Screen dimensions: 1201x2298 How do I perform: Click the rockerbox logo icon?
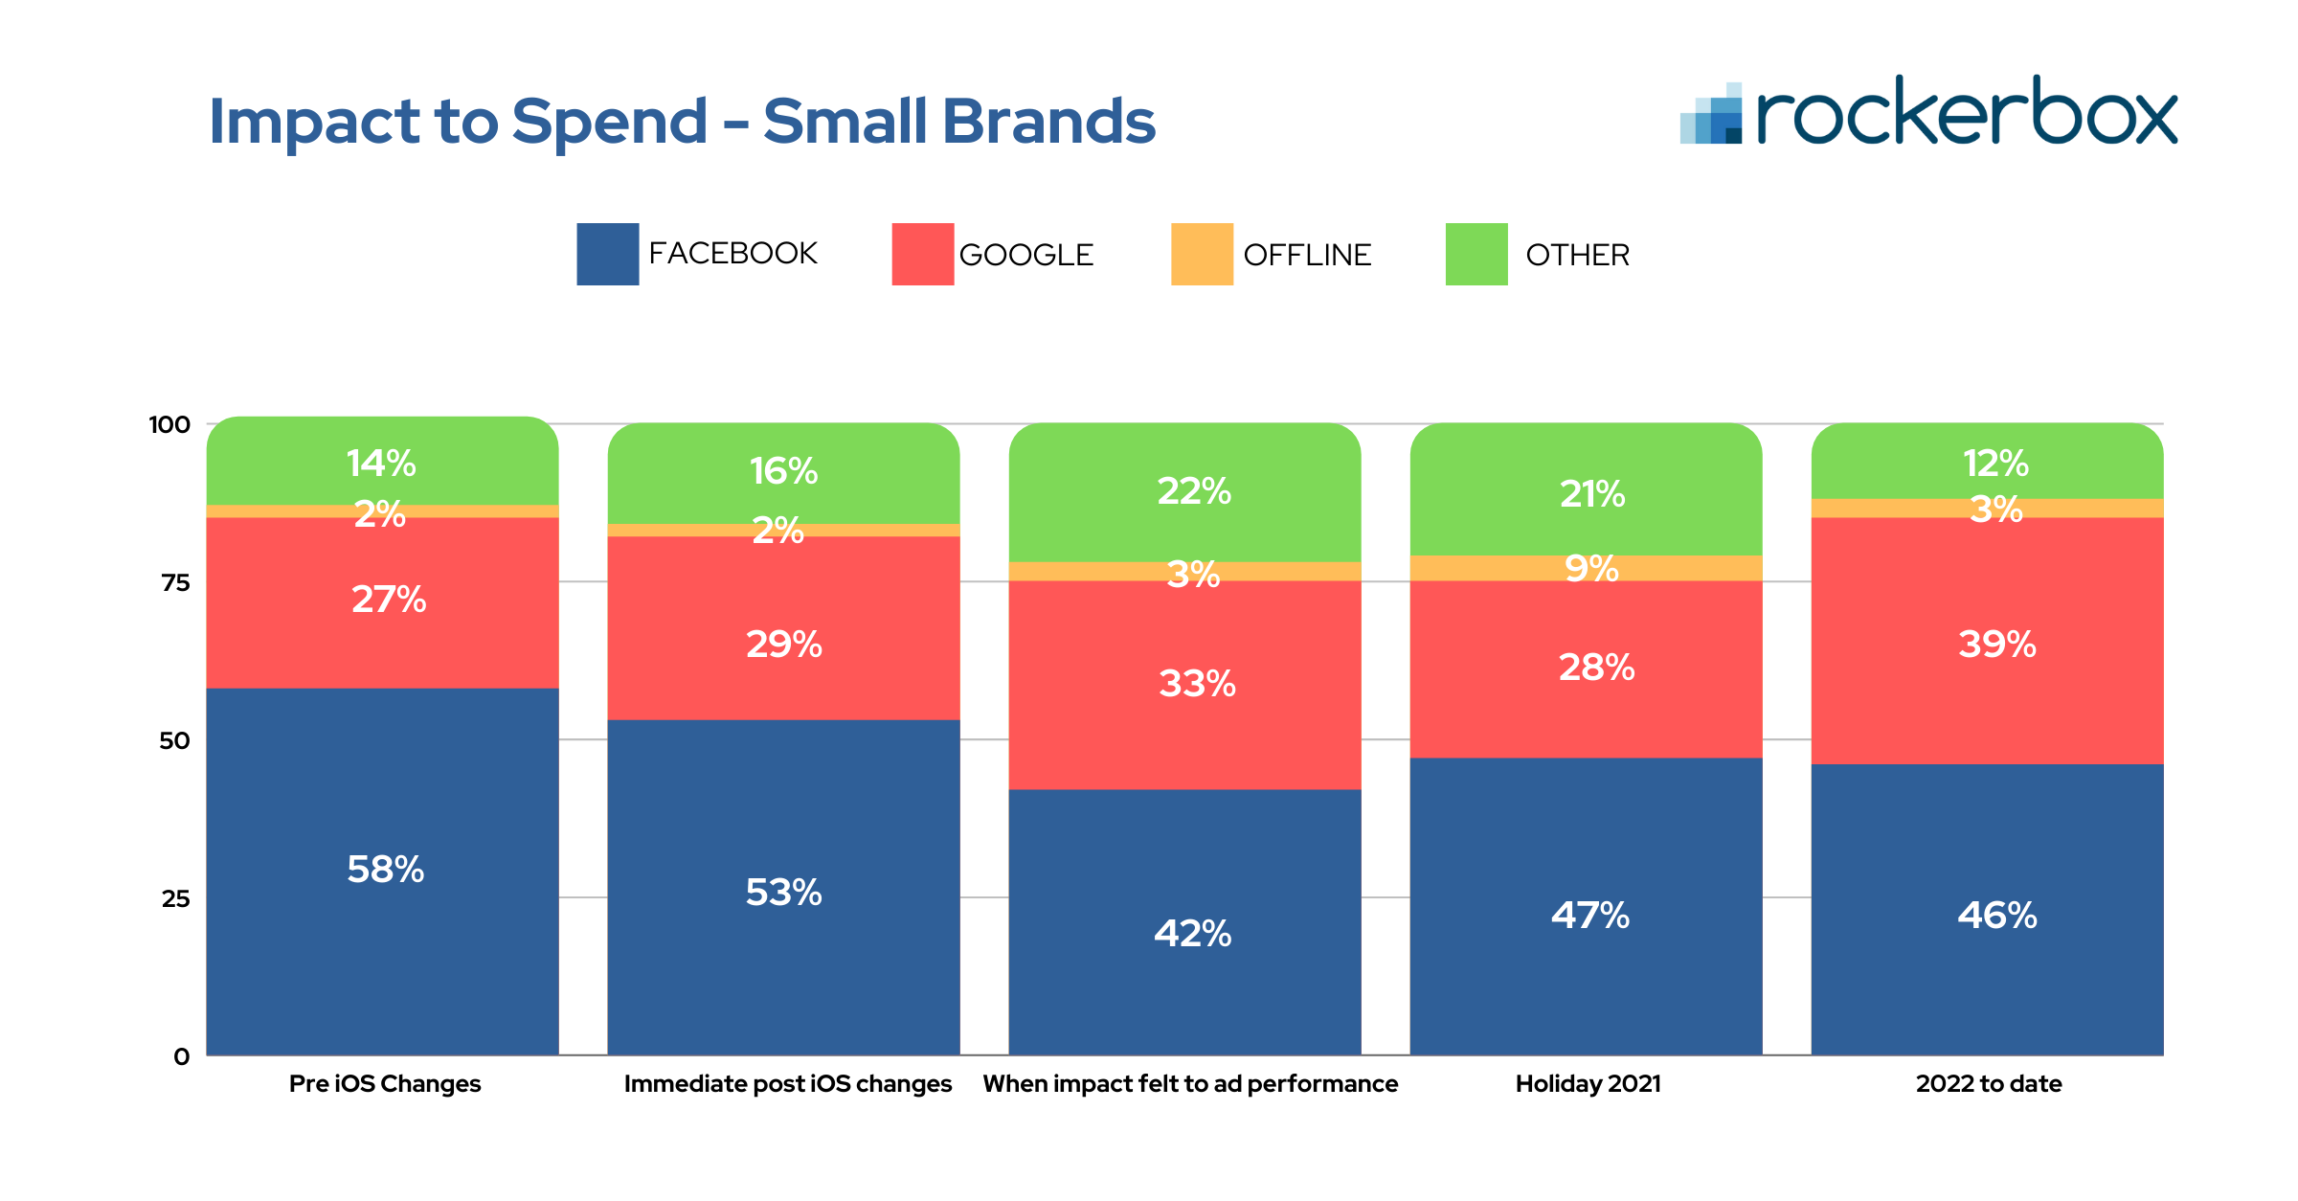(x=1712, y=114)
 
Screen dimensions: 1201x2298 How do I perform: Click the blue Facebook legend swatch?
(x=607, y=254)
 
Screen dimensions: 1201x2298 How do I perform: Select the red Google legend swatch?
(x=922, y=254)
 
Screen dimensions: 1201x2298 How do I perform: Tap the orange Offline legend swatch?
(x=1202, y=254)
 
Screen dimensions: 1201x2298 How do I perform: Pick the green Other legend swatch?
(x=1476, y=254)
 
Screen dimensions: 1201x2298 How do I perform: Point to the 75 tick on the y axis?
(x=175, y=582)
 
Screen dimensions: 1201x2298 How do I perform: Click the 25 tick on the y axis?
(x=175, y=898)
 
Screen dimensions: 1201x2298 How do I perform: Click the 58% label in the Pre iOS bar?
(x=385, y=870)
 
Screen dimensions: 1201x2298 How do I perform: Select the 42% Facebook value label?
(x=1192, y=933)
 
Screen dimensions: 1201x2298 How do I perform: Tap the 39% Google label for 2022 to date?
(x=1996, y=644)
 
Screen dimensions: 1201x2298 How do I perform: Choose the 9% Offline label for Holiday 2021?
(x=1591, y=569)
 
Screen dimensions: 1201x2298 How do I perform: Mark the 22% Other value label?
(x=1194, y=491)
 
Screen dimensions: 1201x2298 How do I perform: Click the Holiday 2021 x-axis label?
(x=1588, y=1083)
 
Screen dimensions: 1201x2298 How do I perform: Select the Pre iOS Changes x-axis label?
(x=385, y=1083)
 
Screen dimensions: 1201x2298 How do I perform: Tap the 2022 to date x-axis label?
(x=1989, y=1083)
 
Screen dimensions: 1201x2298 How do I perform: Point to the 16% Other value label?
(x=783, y=471)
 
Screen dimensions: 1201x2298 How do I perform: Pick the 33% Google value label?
(x=1197, y=684)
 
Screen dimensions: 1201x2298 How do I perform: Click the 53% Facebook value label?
(x=783, y=893)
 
